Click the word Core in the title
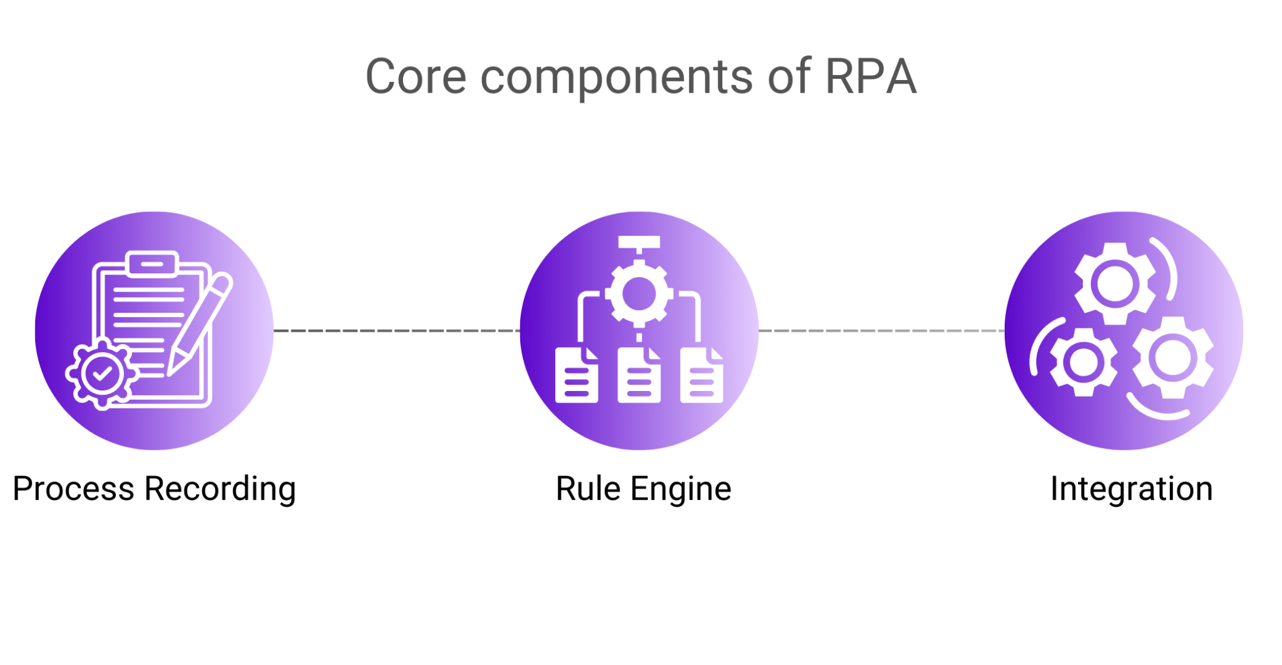point(416,77)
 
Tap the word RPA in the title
point(871,77)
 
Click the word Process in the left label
point(73,489)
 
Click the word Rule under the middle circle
point(588,489)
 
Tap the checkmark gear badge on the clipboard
point(102,373)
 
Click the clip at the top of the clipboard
point(152,263)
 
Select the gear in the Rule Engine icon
point(639,294)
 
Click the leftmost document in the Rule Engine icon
point(576,376)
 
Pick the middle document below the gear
point(639,376)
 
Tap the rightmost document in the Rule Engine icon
point(702,376)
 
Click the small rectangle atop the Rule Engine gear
point(639,242)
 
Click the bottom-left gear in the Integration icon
point(1084,362)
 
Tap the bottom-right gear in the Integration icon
point(1172,358)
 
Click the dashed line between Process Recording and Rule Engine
point(396,330)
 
